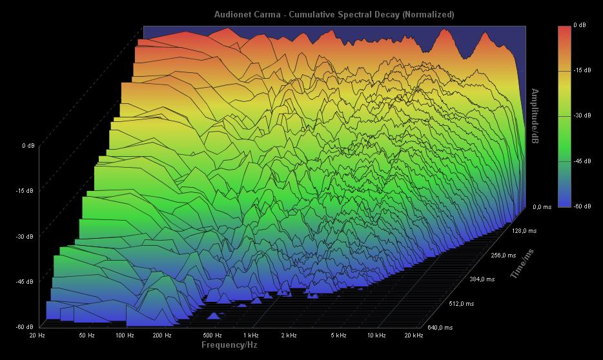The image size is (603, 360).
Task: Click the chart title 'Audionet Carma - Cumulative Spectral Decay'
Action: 334,14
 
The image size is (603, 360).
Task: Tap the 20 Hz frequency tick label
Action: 37,335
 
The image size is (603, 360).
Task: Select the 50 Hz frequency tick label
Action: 87,335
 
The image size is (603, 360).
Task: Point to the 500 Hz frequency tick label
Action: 212,335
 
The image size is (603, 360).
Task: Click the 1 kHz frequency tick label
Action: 251,335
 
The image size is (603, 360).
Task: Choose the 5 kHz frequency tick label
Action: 338,335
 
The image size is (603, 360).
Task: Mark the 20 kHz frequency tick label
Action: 413,335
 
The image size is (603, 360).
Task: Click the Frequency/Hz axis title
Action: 229,345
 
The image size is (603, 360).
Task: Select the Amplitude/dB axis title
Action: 535,117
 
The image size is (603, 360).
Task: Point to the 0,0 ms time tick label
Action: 542,207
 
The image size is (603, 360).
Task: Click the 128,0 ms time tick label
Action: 524,230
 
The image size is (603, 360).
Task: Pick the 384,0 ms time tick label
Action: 482,279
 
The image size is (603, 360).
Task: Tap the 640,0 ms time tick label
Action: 440,328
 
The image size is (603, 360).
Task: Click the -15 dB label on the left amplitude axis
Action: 25,191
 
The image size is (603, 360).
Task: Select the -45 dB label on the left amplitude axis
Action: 25,281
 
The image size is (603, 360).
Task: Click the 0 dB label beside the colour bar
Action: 580,25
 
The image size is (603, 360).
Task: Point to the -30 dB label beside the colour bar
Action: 582,115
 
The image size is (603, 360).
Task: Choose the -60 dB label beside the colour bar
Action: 582,206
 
